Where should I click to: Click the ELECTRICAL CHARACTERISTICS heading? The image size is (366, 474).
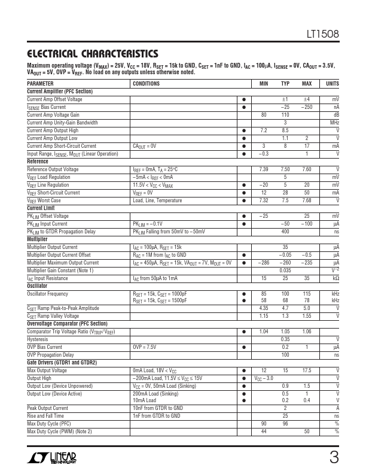[x=93, y=53]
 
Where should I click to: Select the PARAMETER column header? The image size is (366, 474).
[x=40, y=84]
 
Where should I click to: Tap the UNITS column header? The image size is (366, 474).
[x=332, y=84]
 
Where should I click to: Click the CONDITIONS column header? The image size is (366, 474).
[x=146, y=84]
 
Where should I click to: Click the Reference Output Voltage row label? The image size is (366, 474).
[x=53, y=169]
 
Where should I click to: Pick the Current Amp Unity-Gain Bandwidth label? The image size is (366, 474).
[x=62, y=123]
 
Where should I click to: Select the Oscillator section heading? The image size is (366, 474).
[x=37, y=285]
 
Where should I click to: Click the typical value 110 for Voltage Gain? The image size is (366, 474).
[x=285, y=115]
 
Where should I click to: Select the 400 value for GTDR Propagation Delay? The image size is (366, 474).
[x=285, y=231]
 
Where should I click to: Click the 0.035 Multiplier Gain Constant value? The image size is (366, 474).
[x=285, y=271]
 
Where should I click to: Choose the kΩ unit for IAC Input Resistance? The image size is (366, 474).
[x=335, y=278]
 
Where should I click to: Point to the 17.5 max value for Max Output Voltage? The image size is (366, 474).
[x=307, y=370]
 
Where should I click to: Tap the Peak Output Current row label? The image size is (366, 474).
[x=49, y=408]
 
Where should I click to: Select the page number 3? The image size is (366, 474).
[x=334, y=458]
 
